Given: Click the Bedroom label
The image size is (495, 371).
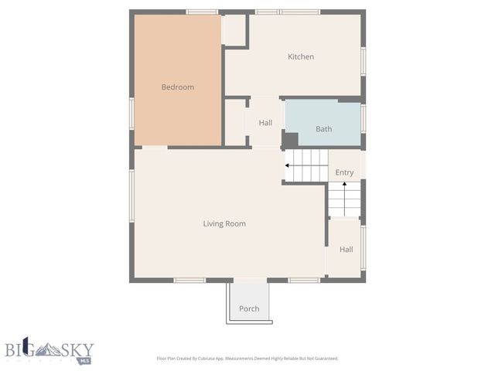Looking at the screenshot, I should coord(177,87).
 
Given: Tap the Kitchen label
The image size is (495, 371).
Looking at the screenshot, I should coord(301,56).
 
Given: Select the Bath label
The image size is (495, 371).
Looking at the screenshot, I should coord(323,129).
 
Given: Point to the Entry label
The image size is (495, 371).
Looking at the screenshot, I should coord(344,172).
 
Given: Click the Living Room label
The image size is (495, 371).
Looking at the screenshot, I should coord(224,224).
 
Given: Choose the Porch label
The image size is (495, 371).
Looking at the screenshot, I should coord(249,308).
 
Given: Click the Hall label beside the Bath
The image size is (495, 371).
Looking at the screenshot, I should coord(265,123).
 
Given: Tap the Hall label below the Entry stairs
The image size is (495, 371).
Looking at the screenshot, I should coord(346,250).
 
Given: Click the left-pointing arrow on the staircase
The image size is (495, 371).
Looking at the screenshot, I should coord(288,165).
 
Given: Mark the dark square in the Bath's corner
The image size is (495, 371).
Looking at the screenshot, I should coord(289,140).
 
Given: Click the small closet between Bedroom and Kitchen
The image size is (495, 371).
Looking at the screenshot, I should coord(234,30).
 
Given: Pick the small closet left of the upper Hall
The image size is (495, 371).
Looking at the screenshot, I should coord(234,122).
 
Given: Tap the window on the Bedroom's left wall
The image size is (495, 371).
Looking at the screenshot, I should coord(131,113).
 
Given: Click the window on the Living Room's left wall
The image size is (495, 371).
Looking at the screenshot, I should coord(131,205).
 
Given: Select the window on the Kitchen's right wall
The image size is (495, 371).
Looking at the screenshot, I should coord(364,60).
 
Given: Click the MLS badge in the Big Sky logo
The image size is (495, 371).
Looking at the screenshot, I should coord(85,360).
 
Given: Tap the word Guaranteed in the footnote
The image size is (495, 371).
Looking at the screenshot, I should coord(322,359).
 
